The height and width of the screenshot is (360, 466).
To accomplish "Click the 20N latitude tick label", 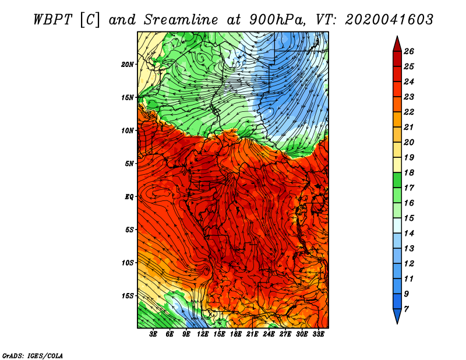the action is click(x=127, y=64).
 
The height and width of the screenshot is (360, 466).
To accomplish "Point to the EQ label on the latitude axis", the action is click(x=129, y=196).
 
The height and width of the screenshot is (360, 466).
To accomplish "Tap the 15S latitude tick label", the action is click(x=127, y=296).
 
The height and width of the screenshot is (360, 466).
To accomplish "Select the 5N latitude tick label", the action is click(x=129, y=164).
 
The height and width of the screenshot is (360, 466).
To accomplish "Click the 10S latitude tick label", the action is click(x=127, y=263).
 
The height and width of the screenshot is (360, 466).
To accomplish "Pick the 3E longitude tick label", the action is click(x=153, y=334).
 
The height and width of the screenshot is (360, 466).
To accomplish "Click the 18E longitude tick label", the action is click(x=236, y=334).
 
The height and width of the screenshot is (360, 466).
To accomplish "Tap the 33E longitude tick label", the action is click(x=318, y=334).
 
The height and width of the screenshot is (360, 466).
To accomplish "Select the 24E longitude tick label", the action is click(x=269, y=334).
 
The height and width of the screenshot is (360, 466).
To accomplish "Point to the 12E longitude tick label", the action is click(x=203, y=334).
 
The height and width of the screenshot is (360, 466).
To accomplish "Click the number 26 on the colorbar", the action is click(x=409, y=51).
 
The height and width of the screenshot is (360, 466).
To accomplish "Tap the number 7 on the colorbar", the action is click(x=406, y=309).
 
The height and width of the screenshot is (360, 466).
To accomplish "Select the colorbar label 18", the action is click(x=409, y=172).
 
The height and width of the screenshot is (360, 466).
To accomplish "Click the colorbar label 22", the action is click(x=409, y=112).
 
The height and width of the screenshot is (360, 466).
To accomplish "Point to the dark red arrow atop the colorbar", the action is click(x=397, y=45).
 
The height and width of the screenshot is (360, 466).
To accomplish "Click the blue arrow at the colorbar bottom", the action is click(x=397, y=316).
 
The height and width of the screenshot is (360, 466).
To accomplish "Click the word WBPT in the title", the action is click(x=52, y=20).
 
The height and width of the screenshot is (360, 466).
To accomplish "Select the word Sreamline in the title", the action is click(x=181, y=20).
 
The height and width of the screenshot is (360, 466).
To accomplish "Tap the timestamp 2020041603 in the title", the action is click(x=389, y=20).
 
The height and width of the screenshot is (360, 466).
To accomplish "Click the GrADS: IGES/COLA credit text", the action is click(x=33, y=356).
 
